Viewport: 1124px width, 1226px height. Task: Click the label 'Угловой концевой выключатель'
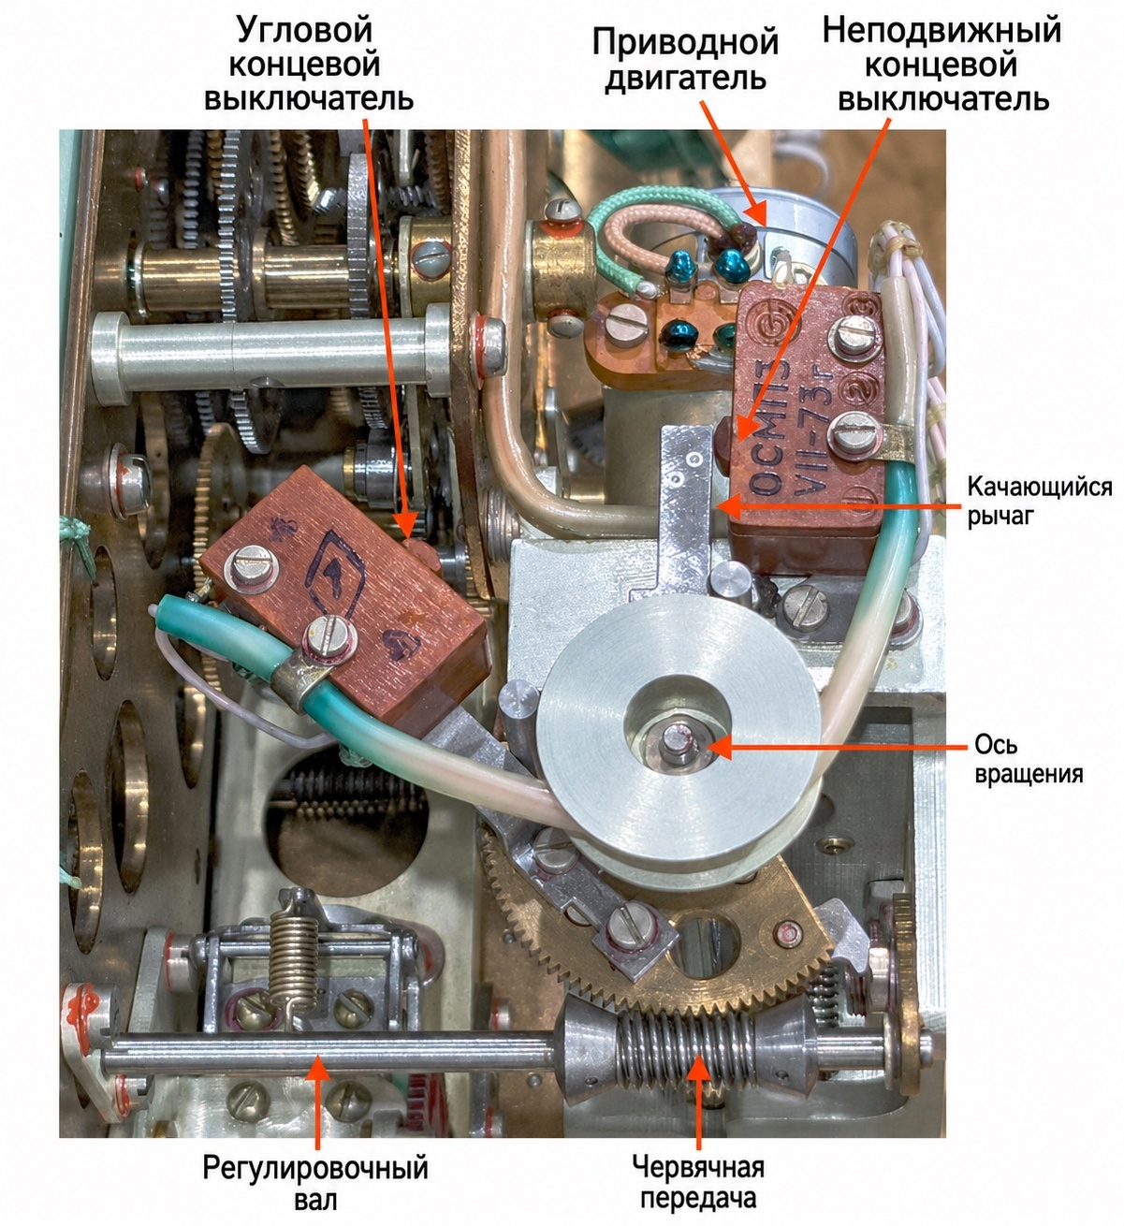[309, 65]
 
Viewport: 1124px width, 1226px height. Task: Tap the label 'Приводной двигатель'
[685, 59]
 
